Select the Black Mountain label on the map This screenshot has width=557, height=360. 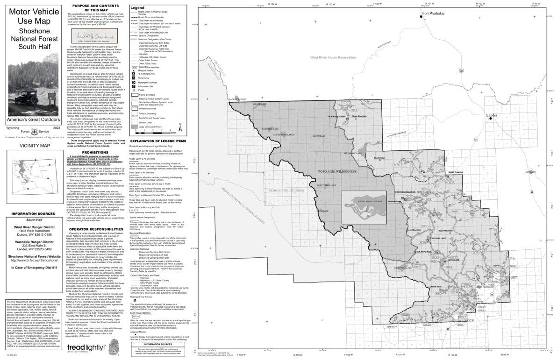(x=359, y=116)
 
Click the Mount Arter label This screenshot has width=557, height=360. (x=379, y=158)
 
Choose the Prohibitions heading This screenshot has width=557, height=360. (x=95, y=152)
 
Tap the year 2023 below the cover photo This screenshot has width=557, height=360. (x=57, y=127)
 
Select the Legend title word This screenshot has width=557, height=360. (x=138, y=8)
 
